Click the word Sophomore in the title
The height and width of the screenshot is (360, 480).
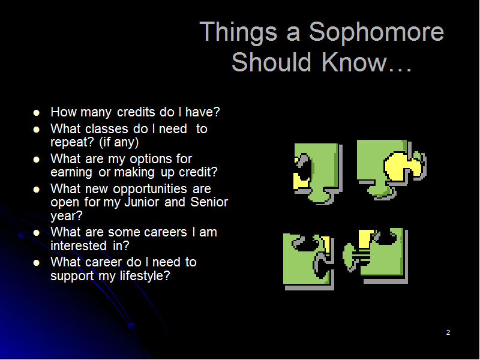click(x=376, y=32)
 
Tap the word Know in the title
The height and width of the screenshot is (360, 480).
click(x=355, y=62)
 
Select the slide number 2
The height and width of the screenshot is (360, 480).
click(x=448, y=332)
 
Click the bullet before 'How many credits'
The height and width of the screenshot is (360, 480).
click(x=37, y=113)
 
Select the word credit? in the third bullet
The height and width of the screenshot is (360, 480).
click(x=198, y=172)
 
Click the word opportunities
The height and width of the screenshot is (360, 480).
click(x=150, y=189)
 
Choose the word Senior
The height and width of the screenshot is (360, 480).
click(x=209, y=202)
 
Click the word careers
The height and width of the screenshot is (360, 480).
click(x=166, y=232)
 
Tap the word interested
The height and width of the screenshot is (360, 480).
click(x=79, y=245)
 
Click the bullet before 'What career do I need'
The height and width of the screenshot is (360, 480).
click(x=37, y=263)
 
